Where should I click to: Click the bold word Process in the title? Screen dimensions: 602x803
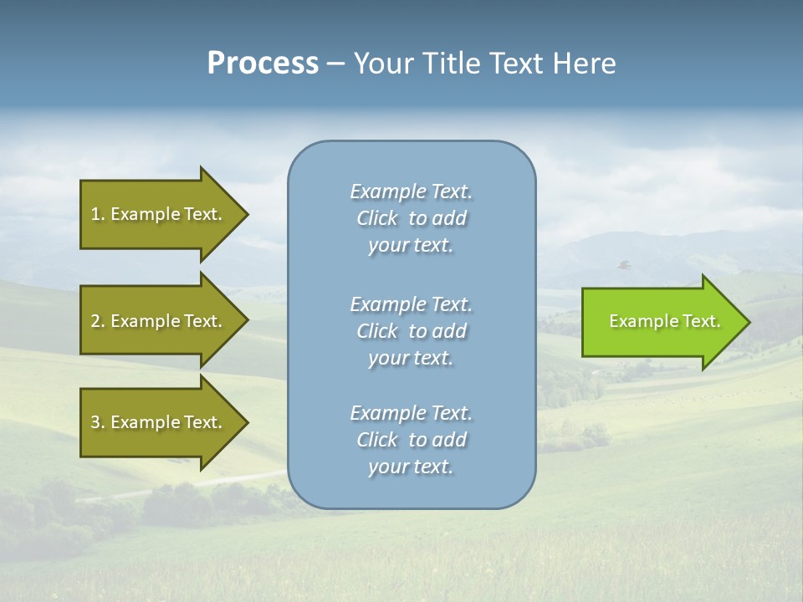(x=263, y=64)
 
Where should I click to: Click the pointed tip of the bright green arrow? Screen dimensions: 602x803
(x=746, y=322)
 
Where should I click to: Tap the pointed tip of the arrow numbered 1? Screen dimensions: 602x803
(x=245, y=214)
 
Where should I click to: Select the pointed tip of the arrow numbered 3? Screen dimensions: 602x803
(x=245, y=422)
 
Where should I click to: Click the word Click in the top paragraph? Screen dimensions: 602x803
(x=377, y=218)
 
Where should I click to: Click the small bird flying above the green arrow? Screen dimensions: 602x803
(x=624, y=265)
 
